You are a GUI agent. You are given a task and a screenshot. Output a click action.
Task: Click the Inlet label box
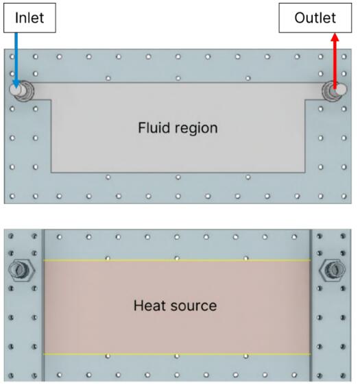(29, 18)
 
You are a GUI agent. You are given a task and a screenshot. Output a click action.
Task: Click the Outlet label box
(315, 18)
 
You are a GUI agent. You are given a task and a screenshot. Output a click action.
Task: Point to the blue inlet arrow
(16, 60)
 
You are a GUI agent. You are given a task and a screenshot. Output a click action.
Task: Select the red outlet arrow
(335, 61)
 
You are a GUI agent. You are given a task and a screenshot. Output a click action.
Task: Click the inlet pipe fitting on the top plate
(21, 90)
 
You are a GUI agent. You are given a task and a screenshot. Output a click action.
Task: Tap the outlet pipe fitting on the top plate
(334, 90)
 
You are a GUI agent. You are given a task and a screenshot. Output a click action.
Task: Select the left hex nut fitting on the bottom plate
(21, 270)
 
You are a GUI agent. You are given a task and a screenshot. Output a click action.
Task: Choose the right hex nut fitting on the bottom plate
(333, 270)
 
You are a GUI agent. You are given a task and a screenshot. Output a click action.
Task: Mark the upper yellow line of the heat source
(177, 260)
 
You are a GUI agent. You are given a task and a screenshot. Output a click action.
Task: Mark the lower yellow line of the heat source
(177, 354)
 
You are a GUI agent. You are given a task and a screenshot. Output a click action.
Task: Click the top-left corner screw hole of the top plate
(12, 57)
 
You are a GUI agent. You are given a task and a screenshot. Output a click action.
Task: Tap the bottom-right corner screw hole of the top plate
(344, 196)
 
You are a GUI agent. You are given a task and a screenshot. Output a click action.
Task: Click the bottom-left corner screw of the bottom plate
(11, 375)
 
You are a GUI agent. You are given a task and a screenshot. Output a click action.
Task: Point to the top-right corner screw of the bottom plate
(343, 236)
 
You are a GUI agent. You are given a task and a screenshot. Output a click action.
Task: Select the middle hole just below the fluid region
(178, 177)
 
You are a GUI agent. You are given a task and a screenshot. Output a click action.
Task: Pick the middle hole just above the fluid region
(178, 78)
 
